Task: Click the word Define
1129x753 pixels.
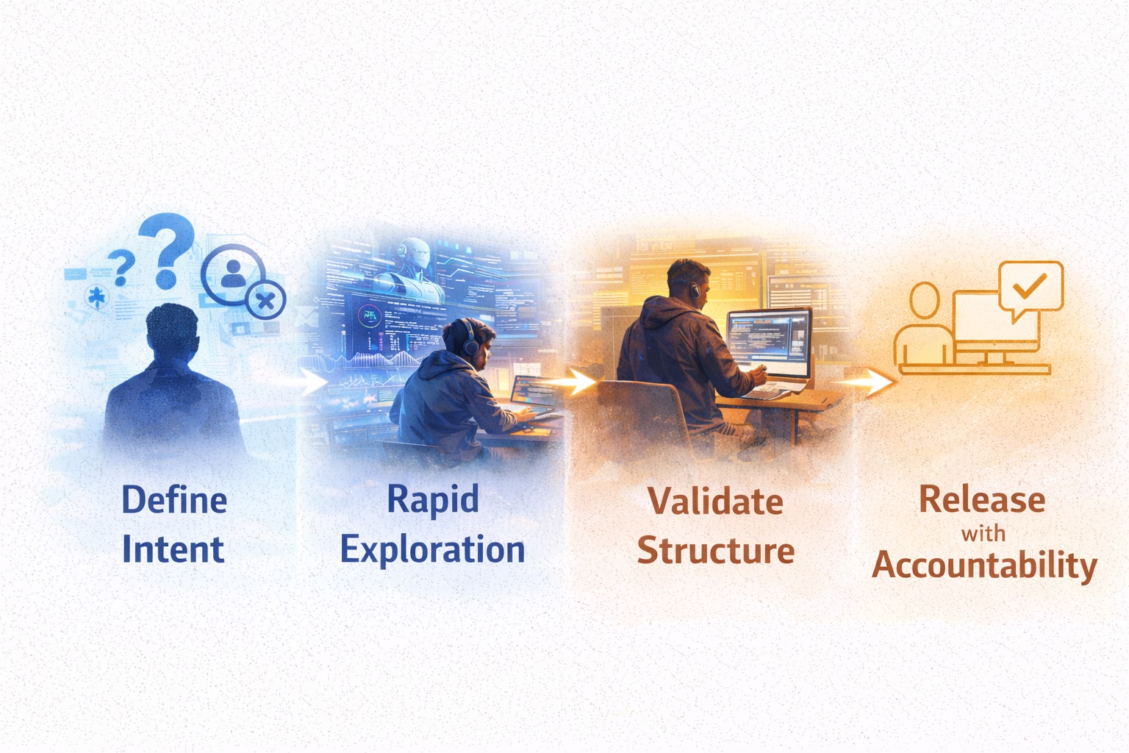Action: pos(174,500)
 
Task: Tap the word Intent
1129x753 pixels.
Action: pos(173,549)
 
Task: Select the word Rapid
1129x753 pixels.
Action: pos(432,500)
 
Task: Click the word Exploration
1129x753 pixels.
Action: pos(432,550)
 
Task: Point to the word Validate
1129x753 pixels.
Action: pos(715,502)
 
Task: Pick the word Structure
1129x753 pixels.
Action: pos(715,550)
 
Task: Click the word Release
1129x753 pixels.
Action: pos(982,500)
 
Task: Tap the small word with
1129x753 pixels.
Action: pos(983,533)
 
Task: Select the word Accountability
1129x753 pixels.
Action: pos(984,565)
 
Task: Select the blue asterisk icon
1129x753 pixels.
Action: pos(96,298)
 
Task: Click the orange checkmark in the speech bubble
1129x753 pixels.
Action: pos(1030,285)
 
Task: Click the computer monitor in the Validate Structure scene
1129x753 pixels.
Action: pos(769,343)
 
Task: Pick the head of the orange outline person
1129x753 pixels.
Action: pos(924,301)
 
